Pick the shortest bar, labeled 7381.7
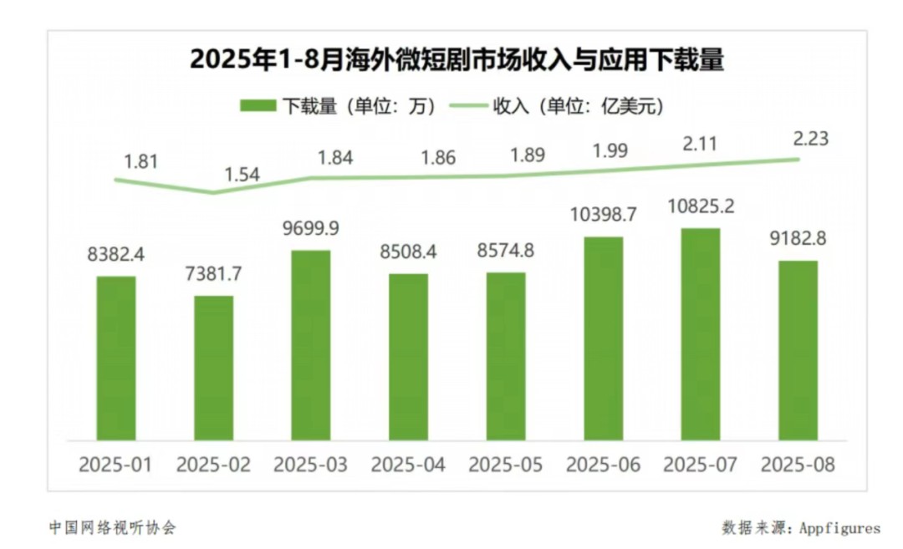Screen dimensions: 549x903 pos(213,368)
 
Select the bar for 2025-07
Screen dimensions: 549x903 pos(701,334)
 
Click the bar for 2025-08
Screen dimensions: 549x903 pos(798,350)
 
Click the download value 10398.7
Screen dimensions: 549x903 pos(603,215)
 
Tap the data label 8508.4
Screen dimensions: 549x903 pos(408,252)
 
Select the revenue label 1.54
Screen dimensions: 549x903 pos(242,175)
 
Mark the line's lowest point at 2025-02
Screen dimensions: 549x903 pos(213,193)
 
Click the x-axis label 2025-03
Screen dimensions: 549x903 pos(311,464)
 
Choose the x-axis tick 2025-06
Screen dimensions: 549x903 pos(603,464)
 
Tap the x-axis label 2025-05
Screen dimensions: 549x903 pos(506,464)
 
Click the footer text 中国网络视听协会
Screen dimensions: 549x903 pos(112,527)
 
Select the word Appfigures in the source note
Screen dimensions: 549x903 pos(839,527)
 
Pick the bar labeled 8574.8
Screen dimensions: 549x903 pos(506,356)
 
